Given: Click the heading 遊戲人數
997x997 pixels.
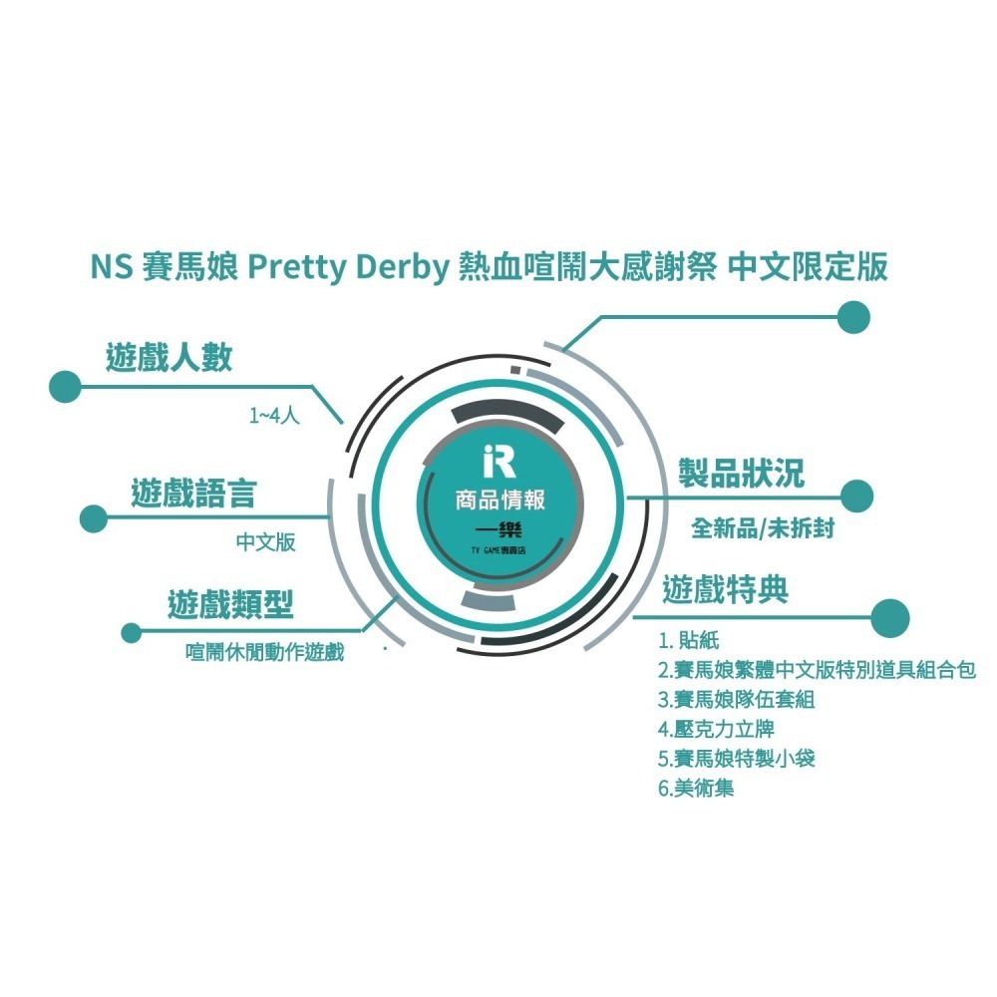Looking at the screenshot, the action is point(169,357).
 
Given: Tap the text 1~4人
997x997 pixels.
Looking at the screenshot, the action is point(274,416).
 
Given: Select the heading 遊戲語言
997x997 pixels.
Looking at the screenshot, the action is point(194,494).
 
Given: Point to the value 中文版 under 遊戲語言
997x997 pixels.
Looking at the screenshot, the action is point(266,542).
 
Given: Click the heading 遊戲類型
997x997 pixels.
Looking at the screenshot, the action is point(230,604).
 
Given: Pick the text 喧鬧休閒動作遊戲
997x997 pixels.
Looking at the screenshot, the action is point(264,652).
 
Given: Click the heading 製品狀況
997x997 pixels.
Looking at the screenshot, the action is point(742,473).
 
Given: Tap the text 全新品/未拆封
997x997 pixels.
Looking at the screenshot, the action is point(763,527).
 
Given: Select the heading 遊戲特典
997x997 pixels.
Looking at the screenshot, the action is point(726,589).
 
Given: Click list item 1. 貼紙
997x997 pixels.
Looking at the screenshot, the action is point(689,640).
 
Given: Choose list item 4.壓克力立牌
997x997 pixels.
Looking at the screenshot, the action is point(716,729).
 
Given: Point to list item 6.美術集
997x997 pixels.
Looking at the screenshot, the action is point(696,789).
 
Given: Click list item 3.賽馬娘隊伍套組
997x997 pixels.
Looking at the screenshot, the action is point(737,700).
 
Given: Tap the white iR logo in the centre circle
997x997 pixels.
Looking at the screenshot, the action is point(499,461).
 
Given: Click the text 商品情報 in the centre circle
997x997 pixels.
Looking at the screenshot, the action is point(499,499).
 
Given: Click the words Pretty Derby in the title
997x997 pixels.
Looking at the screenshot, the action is point(348,267).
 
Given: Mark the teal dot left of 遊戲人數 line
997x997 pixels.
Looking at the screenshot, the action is point(65,387).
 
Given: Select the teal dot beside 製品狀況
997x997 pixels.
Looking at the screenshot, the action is point(856,496).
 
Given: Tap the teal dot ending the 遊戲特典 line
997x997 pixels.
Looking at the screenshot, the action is point(890,618).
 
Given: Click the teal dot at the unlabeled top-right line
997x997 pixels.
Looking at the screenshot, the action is point(853,317).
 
